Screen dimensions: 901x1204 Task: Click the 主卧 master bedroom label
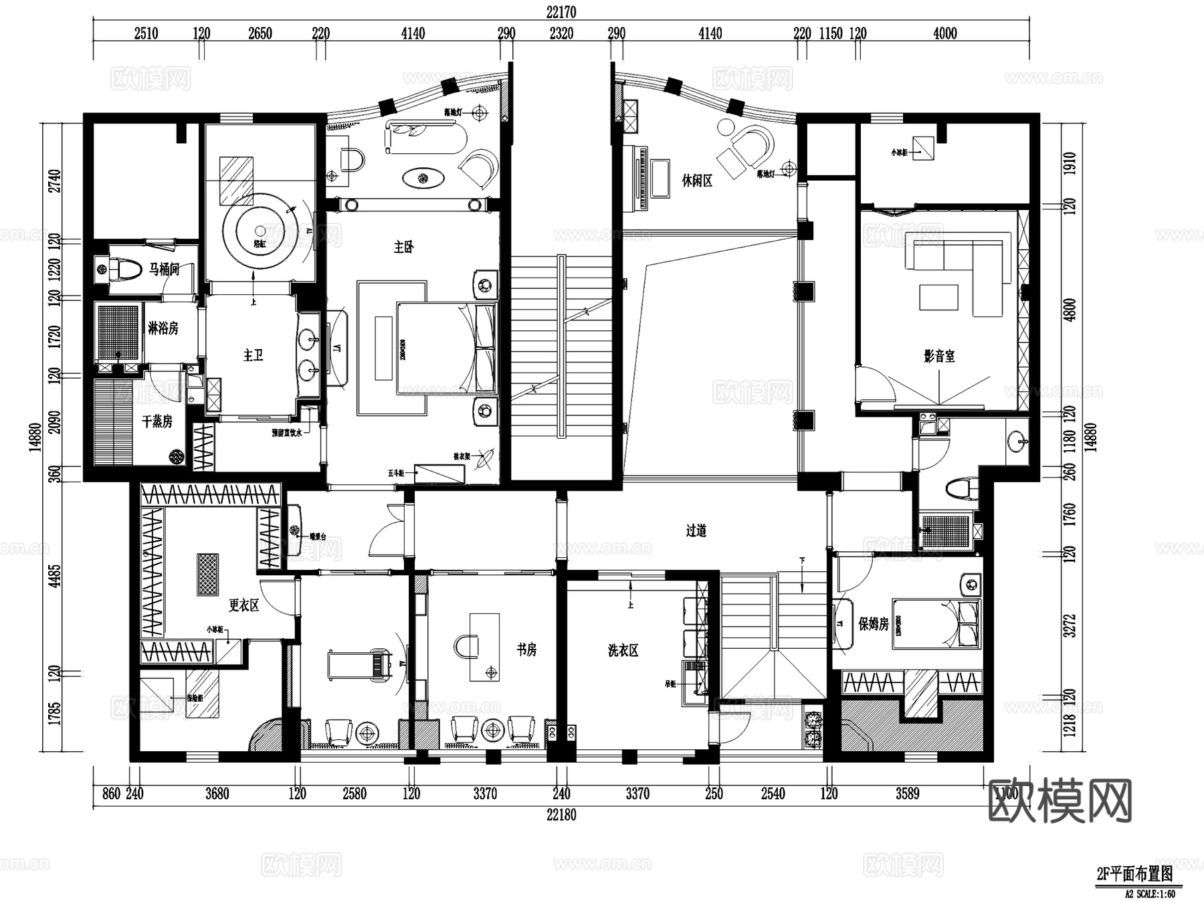pos(403,247)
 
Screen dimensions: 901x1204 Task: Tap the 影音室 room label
pos(939,356)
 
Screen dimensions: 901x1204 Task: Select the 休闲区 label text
pos(697,180)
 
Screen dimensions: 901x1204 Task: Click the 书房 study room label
pos(526,649)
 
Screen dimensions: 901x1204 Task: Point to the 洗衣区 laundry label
pos(623,650)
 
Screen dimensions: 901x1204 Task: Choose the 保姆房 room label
pos(874,623)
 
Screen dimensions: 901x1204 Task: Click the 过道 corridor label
pos(696,530)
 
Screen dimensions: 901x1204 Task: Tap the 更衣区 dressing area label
pos(243,605)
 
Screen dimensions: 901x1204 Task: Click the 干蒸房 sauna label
pos(157,421)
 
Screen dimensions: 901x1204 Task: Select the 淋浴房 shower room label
pos(163,328)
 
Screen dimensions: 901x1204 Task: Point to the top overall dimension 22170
pos(561,12)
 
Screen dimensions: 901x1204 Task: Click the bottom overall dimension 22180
pos(561,815)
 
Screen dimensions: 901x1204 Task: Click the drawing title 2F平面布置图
pos(1134,874)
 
